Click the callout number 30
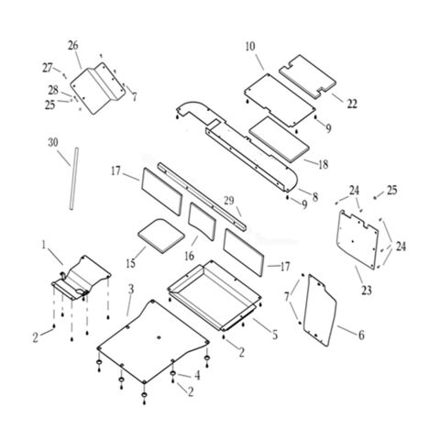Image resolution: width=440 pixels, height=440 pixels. (53, 143)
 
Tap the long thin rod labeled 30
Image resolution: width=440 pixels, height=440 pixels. (73, 179)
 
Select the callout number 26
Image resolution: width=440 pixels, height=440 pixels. (73, 46)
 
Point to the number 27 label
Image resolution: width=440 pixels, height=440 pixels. (48, 68)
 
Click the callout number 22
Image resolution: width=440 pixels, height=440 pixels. (352, 104)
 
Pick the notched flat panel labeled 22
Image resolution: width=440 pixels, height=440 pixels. (307, 75)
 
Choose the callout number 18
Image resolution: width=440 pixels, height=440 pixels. (323, 164)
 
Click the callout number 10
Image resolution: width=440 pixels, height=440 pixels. (250, 47)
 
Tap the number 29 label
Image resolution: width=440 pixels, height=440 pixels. (229, 201)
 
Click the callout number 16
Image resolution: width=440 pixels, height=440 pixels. (190, 256)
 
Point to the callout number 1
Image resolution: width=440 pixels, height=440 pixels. (44, 245)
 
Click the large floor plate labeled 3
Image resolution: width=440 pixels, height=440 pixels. (153, 341)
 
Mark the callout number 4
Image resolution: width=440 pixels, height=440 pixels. (197, 375)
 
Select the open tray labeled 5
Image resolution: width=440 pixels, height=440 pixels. (214, 295)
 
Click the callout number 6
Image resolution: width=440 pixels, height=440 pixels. (361, 335)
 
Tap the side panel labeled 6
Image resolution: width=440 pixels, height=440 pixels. (320, 310)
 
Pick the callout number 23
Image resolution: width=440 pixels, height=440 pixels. (367, 290)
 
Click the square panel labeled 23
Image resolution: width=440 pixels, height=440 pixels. (357, 240)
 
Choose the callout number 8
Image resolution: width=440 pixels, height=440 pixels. (315, 197)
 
